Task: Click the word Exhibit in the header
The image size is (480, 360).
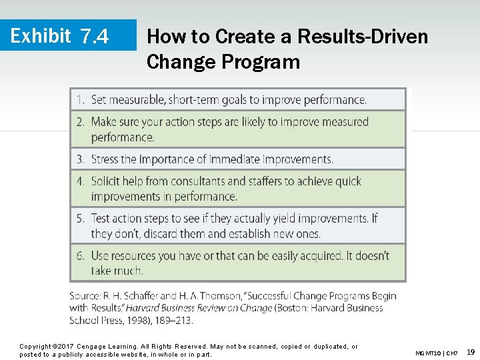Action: point(41,35)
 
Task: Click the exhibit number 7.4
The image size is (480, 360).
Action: point(94,36)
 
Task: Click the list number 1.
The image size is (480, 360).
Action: point(80,100)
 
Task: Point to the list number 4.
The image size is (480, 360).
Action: point(80,181)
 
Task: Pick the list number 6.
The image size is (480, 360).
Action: point(80,256)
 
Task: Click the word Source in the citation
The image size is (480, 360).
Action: point(85,295)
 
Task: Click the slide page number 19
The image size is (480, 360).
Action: point(471,351)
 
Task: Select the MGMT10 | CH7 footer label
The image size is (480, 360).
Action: point(436,353)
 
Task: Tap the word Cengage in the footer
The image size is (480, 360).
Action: point(91,347)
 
